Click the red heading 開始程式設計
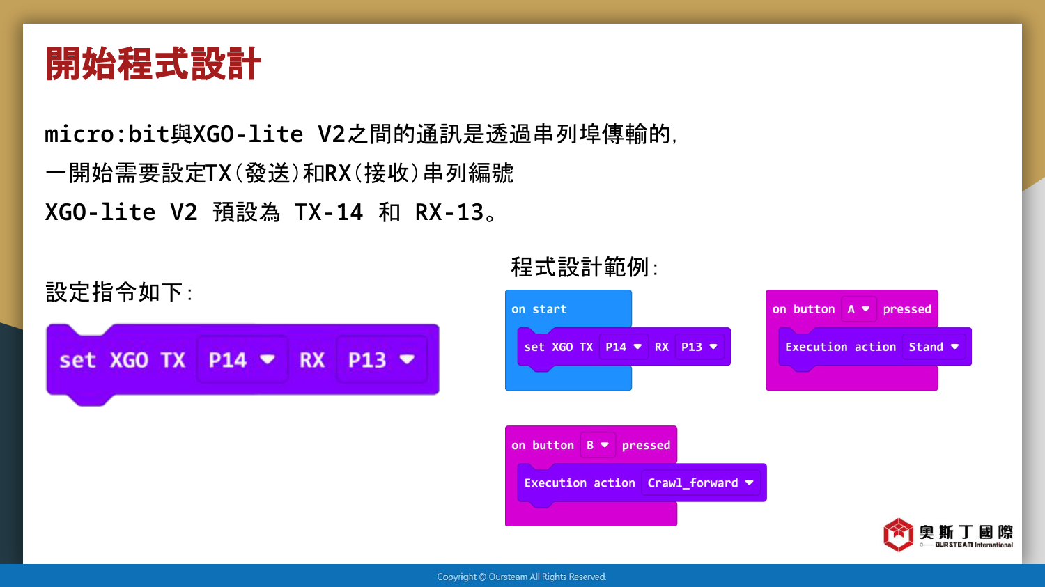[153, 64]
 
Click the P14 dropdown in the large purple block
[242, 359]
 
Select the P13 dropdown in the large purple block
[382, 359]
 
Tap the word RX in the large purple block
[311, 360]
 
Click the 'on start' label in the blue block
[539, 309]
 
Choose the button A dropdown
[859, 309]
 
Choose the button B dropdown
[598, 445]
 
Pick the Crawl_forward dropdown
[701, 483]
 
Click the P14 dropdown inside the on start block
[624, 347]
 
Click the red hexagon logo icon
[898, 535]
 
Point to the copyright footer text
[522, 577]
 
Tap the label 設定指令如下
[119, 292]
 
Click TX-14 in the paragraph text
[328, 212]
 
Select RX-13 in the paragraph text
[449, 212]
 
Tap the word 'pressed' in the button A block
[907, 310]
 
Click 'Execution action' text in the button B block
[580, 483]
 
